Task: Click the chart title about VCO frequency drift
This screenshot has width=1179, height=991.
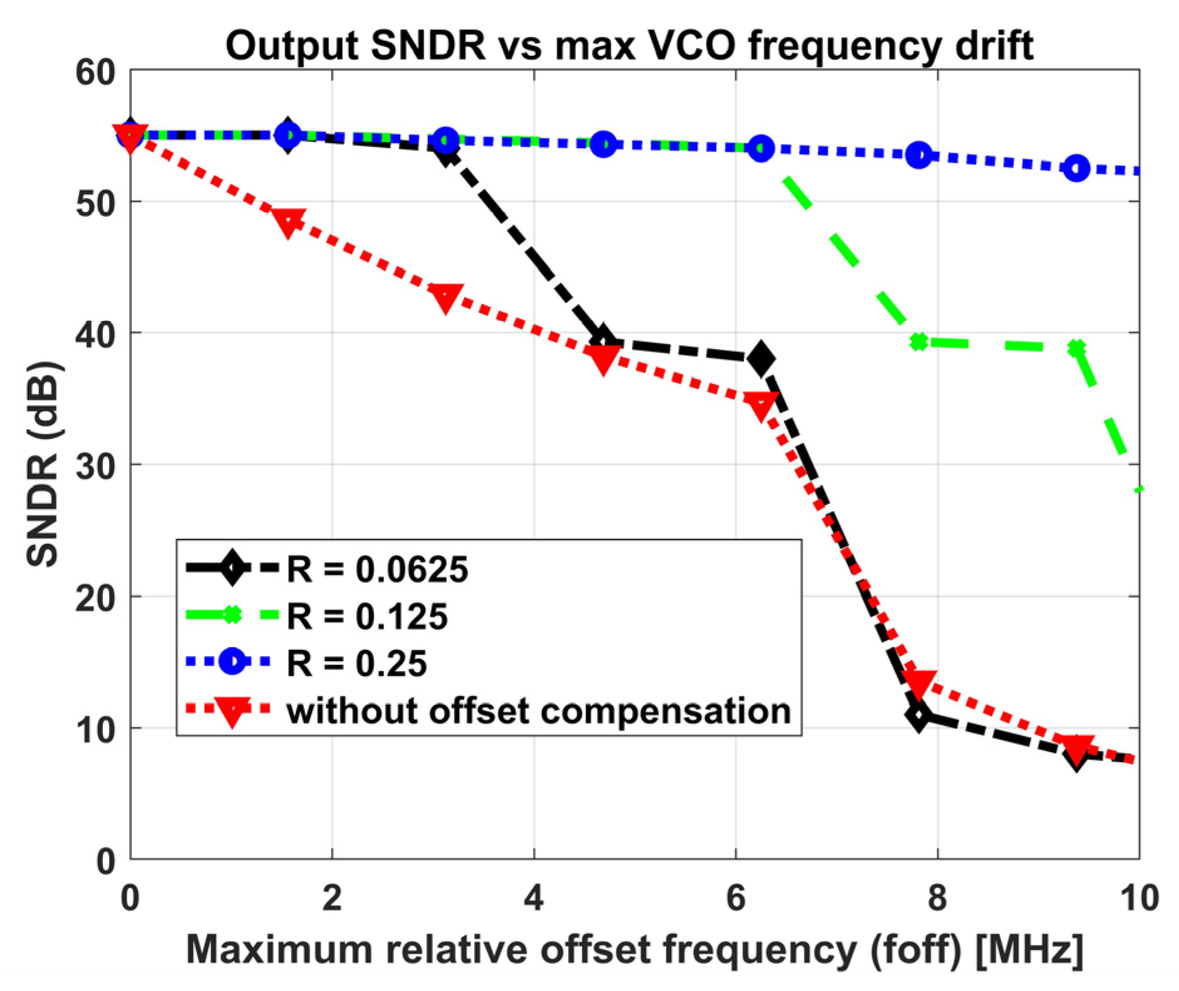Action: click(x=629, y=45)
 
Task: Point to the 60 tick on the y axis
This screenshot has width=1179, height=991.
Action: click(x=95, y=73)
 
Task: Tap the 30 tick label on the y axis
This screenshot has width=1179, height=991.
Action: click(x=95, y=466)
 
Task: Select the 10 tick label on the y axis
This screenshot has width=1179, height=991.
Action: click(x=95, y=729)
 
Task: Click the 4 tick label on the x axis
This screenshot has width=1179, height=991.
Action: click(x=533, y=898)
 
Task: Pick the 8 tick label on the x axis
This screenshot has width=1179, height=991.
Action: click(x=937, y=898)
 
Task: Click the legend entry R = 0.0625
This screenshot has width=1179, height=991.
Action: click(x=377, y=570)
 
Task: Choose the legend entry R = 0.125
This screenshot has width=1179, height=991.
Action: click(x=367, y=616)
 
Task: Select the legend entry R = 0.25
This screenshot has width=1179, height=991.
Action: click(x=356, y=663)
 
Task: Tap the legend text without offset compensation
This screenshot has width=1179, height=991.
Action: click(x=538, y=711)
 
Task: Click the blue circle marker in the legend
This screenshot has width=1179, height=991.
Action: click(x=232, y=661)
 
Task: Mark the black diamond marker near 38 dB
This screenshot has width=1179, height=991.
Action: click(x=761, y=359)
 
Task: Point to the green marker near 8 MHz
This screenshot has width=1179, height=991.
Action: click(x=919, y=342)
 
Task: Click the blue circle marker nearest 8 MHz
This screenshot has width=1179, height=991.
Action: click(x=919, y=155)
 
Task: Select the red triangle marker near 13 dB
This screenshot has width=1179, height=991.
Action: click(x=919, y=682)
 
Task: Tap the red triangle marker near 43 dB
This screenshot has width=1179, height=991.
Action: click(x=445, y=297)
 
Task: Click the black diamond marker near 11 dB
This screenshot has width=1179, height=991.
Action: click(x=919, y=715)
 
